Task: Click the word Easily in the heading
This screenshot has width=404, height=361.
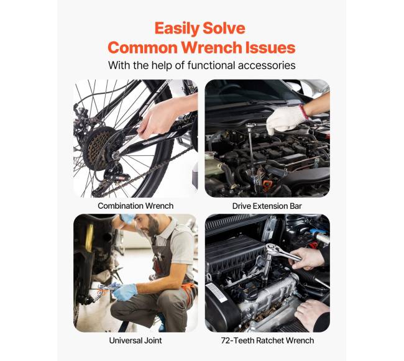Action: (x=177, y=29)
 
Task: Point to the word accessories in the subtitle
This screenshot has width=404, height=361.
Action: (x=267, y=65)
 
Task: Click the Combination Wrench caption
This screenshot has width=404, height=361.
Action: (x=135, y=206)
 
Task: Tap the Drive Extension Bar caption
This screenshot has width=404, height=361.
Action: (x=267, y=206)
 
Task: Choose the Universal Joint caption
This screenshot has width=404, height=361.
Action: (x=135, y=340)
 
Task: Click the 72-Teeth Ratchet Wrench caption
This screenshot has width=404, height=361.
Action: (x=267, y=340)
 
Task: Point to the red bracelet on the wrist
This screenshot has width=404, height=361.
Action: (x=303, y=111)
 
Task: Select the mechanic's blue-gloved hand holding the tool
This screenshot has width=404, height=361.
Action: (x=125, y=292)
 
